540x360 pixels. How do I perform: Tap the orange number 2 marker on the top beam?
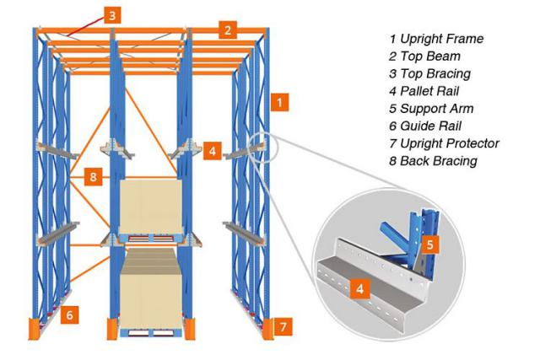(226, 30)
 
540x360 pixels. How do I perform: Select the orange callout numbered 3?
(114, 13)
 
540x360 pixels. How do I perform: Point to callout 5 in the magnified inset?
(430, 244)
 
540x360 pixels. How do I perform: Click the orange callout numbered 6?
(71, 314)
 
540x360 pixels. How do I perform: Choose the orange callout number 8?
(94, 177)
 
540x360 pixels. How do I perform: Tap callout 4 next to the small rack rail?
(213, 152)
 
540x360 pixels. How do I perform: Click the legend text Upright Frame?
(435, 39)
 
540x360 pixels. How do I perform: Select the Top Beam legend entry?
(426, 56)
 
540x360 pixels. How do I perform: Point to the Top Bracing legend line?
(431, 74)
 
